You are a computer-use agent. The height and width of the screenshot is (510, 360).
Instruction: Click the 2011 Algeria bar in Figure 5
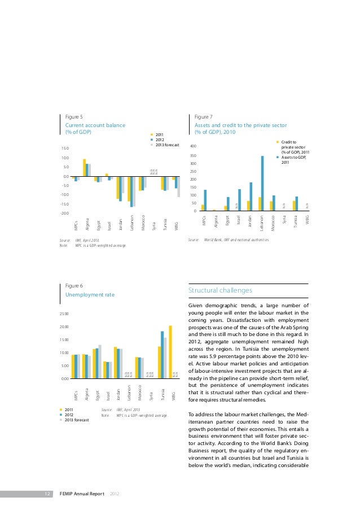click(85, 168)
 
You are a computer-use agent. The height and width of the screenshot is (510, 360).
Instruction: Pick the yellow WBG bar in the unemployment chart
click(170, 352)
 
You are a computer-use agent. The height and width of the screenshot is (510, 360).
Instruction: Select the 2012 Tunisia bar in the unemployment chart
click(163, 355)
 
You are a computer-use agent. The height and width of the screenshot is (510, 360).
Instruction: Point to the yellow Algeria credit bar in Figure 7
click(214, 210)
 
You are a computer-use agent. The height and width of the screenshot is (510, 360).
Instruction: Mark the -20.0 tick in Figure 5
click(65, 213)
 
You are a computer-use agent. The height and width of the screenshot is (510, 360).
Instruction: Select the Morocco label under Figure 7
click(273, 221)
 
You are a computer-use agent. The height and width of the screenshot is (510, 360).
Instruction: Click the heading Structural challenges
click(221, 290)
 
